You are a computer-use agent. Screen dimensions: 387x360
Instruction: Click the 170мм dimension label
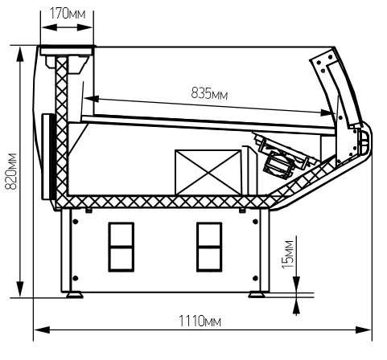point(68,14)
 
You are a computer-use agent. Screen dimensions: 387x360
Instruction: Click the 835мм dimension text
point(209,94)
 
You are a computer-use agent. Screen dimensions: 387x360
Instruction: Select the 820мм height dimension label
point(11,171)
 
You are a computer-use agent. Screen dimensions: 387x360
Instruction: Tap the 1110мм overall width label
point(200,321)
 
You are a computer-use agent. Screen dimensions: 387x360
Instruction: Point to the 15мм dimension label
point(288,255)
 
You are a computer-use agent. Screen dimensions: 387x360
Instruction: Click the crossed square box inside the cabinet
point(208,172)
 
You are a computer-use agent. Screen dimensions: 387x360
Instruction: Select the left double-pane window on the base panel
point(121,247)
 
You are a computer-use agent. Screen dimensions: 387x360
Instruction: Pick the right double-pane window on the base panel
point(209,247)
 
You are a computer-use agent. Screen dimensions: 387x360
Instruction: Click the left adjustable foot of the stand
point(75,295)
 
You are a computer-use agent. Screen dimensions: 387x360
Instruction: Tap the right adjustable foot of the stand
point(257,295)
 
